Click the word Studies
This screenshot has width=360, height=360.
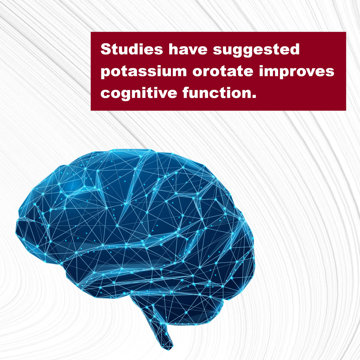coord(132,49)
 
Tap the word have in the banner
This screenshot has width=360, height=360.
coord(188,49)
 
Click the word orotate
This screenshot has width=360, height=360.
coord(223,71)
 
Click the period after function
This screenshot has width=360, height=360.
coord(254,96)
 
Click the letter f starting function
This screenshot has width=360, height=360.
coord(186,93)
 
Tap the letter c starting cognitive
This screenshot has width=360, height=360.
coord(105,94)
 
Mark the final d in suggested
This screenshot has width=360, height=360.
coord(294,49)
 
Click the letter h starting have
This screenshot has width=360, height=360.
coord(174,49)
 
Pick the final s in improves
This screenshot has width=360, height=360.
coord(330,73)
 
